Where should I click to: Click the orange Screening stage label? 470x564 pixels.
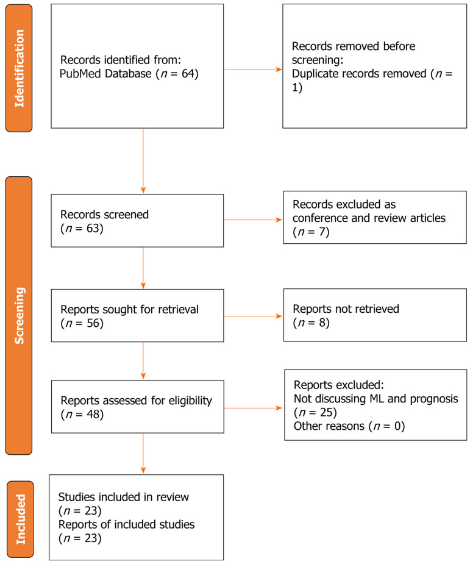[x=18, y=315]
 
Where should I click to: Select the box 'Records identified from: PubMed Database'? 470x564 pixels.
[x=137, y=66]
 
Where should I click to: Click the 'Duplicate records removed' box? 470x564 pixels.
[x=375, y=66]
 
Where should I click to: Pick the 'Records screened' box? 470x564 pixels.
[x=137, y=220]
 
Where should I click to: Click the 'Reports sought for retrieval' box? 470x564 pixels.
[x=137, y=315]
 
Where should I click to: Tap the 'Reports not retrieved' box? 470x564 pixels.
[x=375, y=315]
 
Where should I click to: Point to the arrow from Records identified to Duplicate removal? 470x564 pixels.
[x=253, y=70]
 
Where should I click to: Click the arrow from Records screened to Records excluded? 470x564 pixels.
[x=253, y=220]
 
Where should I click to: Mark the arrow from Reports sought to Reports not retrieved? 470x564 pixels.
[x=253, y=316]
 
